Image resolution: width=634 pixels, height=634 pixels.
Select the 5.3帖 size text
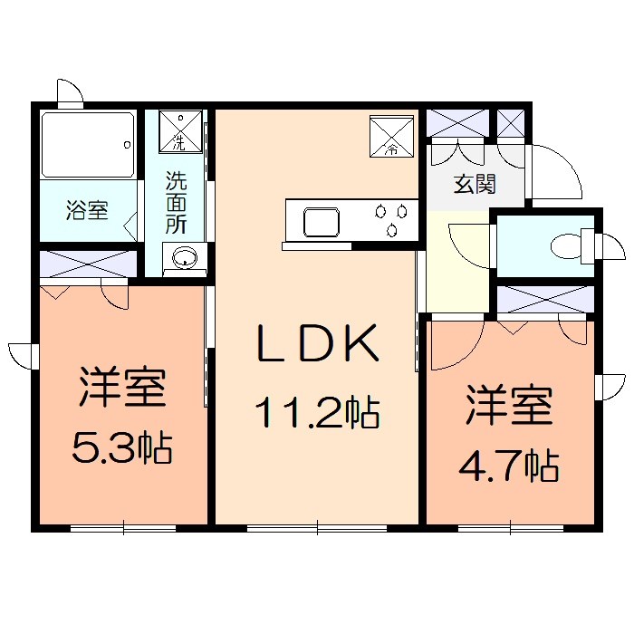(122, 447)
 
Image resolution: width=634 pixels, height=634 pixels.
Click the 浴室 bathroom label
(87, 211)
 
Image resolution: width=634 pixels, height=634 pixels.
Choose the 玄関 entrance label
(474, 184)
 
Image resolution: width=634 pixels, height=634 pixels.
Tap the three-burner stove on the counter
(391, 220)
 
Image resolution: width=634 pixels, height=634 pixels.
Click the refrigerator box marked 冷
(391, 136)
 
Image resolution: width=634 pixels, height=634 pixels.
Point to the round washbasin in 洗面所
(185, 257)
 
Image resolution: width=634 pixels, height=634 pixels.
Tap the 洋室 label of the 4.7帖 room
(510, 408)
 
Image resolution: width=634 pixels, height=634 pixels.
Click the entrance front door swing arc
(554, 170)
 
